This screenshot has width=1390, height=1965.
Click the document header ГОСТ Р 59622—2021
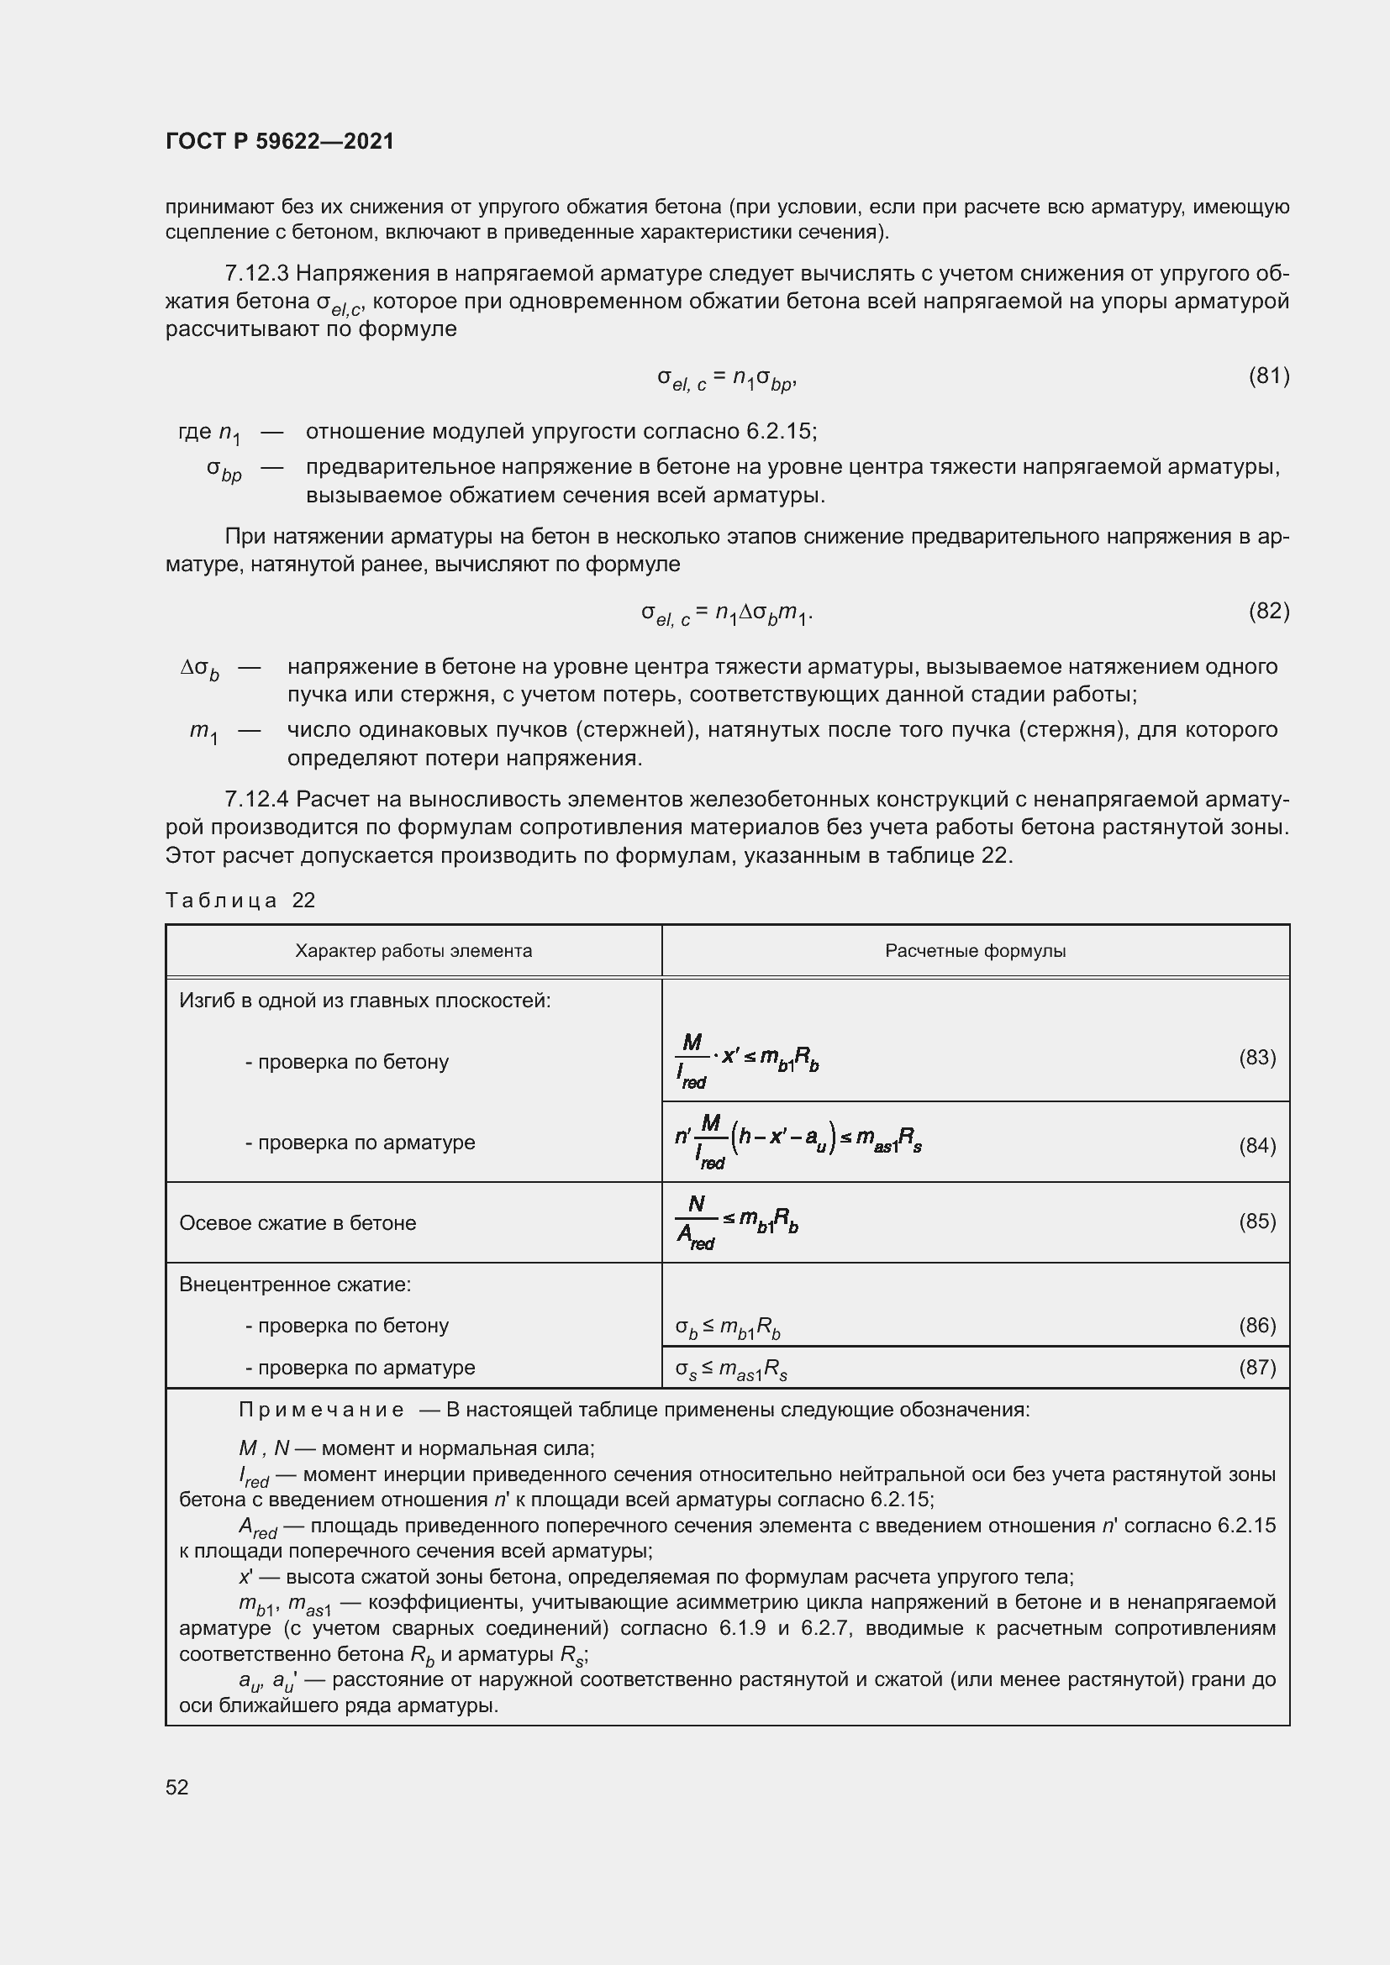tap(280, 141)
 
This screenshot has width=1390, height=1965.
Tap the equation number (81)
tap(1268, 376)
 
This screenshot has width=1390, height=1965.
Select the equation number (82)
tap(1268, 610)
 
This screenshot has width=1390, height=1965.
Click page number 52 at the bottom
tap(177, 1787)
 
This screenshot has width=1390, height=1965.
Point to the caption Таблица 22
tap(240, 900)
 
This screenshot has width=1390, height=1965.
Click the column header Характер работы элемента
tap(413, 951)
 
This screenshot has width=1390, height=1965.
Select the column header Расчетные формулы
tap(975, 951)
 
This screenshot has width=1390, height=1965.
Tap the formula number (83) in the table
tap(1256, 1058)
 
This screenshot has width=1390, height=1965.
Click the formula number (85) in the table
tap(1256, 1221)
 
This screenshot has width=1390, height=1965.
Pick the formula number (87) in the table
tap(1256, 1367)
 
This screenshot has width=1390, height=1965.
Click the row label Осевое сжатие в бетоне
tap(297, 1223)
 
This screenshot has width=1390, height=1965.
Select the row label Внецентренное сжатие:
tap(295, 1285)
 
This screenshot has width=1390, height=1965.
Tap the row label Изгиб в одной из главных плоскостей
tap(365, 1001)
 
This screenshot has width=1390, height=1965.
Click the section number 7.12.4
tap(257, 799)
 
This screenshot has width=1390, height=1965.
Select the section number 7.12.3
tap(257, 274)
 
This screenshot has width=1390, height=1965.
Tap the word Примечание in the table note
tap(321, 1410)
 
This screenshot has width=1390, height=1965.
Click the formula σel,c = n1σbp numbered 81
tap(727, 378)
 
